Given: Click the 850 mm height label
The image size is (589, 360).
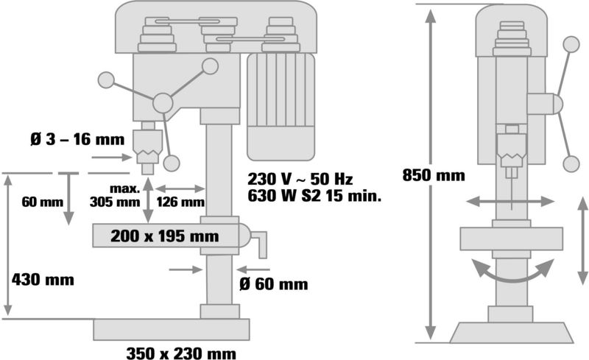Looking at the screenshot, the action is tap(434, 175).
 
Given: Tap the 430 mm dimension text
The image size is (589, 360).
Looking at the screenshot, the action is tap(43, 280).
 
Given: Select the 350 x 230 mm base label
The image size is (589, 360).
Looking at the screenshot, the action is tap(181, 353).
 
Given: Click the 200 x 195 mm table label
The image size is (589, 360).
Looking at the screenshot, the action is tap(164, 236).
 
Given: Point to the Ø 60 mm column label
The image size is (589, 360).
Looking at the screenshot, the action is tap(273, 284).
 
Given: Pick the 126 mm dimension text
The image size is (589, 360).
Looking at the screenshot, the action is tap(180, 202).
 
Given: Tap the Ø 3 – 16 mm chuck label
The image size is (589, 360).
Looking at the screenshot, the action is tap(77, 139).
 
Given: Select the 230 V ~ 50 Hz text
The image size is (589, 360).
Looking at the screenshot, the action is tap(300, 179).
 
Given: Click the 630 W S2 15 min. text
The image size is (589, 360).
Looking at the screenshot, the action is tap(314, 196).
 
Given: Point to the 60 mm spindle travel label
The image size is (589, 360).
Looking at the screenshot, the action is tap(43, 202).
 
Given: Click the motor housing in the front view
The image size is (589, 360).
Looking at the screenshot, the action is tap(281, 107).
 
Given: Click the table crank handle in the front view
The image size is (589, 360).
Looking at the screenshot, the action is tap(255, 241).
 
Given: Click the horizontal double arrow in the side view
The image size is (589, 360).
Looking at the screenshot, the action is tap(510, 202).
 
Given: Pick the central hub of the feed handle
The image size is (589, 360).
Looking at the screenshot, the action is tap(163, 102).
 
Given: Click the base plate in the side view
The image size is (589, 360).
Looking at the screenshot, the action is tap(512, 333).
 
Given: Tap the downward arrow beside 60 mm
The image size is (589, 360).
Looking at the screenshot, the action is tap(68, 200).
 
